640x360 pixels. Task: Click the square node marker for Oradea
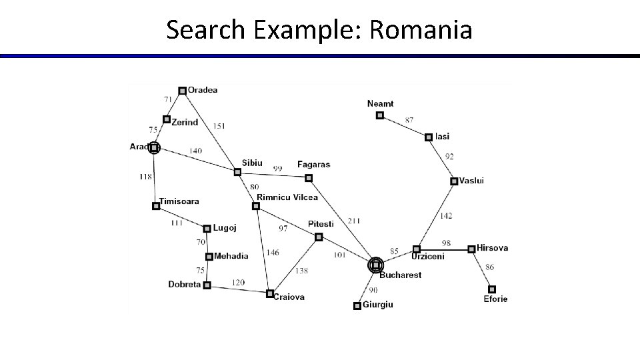click(x=182, y=91)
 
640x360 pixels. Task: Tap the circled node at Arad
click(x=154, y=147)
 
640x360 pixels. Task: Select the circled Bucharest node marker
click(x=376, y=265)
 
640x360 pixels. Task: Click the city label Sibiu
click(x=252, y=163)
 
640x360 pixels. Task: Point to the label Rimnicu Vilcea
click(x=287, y=197)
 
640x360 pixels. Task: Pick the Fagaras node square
click(x=308, y=178)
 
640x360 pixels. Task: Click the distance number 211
click(x=353, y=221)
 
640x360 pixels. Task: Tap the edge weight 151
click(x=220, y=126)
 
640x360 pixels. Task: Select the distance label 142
click(x=445, y=215)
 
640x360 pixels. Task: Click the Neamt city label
click(x=381, y=103)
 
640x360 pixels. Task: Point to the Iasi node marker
click(x=429, y=137)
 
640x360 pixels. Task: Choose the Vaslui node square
click(x=453, y=181)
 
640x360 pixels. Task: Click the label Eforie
click(x=495, y=299)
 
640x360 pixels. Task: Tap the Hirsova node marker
click(x=471, y=249)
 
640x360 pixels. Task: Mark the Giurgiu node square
click(x=357, y=305)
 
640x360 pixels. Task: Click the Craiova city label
click(x=289, y=297)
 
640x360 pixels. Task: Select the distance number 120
click(x=238, y=283)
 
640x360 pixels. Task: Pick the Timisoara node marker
click(x=155, y=206)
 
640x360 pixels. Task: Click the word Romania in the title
click(x=420, y=30)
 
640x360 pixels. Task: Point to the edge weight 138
click(x=301, y=271)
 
